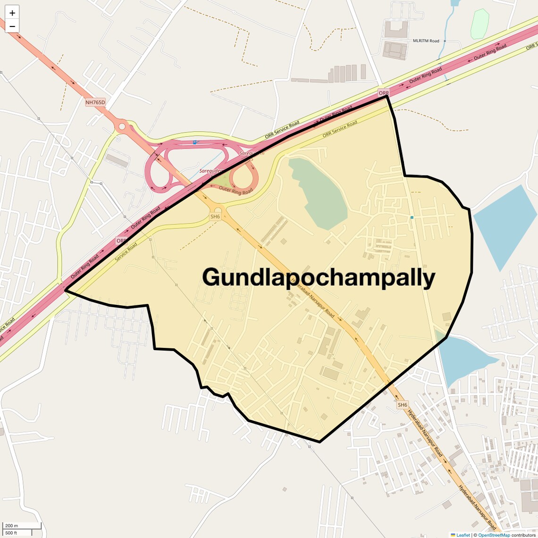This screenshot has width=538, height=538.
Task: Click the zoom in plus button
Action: click(12, 13)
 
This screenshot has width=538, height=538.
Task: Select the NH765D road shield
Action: click(95, 102)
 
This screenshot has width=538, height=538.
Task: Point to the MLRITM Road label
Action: click(426, 41)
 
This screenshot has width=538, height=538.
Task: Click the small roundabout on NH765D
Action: click(122, 126)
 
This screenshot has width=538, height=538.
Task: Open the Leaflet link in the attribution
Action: click(462, 535)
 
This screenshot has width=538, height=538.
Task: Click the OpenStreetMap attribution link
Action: click(494, 535)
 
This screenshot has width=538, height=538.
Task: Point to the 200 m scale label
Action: click(11, 526)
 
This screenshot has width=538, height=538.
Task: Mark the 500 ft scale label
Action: click(11, 533)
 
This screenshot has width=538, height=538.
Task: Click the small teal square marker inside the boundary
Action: click(412, 218)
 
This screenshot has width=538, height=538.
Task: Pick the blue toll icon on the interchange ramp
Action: click(194, 142)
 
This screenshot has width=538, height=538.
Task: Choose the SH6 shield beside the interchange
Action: click(215, 217)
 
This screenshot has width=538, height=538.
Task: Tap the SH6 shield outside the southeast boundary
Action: click(402, 405)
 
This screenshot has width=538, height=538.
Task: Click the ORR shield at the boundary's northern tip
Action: click(384, 93)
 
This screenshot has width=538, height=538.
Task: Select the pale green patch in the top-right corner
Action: click(479, 24)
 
